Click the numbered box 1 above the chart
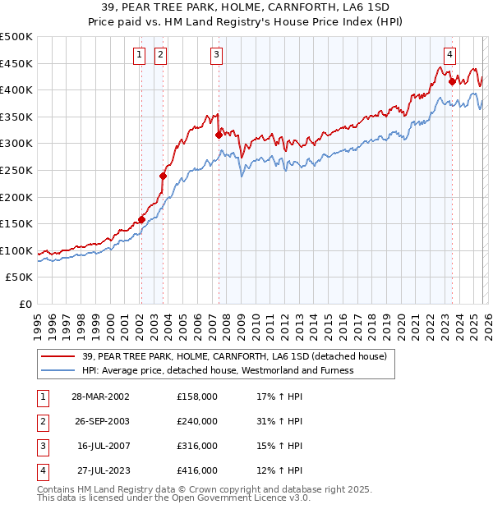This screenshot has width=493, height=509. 139,55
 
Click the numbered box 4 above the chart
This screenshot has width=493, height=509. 450,55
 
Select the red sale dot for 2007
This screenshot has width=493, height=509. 219,135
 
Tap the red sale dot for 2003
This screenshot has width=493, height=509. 163,176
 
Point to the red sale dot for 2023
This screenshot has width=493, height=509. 452,80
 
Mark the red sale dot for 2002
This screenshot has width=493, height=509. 141,219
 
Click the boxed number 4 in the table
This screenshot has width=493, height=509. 42,470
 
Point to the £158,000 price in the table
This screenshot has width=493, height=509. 196,397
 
